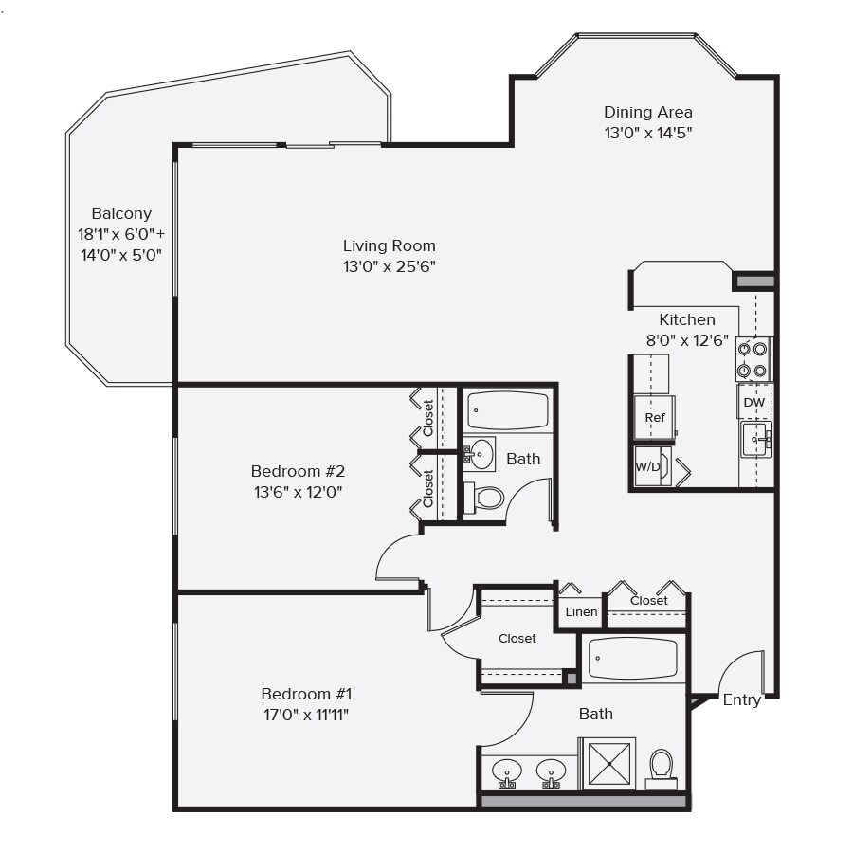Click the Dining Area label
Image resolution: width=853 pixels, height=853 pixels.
coord(648,112)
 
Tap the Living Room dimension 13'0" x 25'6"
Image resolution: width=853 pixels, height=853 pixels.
coord(389,267)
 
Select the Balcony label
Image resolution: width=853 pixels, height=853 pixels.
coord(121,214)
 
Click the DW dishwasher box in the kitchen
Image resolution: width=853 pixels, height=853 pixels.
coord(754,402)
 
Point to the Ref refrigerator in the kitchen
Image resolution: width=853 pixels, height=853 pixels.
coord(655,418)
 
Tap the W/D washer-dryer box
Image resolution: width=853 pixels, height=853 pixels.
coord(648,466)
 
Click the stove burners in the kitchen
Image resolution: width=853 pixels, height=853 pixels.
coord(753,359)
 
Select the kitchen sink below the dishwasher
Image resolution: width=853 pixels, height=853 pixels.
coord(755,439)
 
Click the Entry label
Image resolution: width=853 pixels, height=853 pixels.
coord(741,700)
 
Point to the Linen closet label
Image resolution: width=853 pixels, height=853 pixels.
coord(581,612)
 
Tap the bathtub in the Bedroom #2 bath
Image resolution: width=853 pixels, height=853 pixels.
coord(508,411)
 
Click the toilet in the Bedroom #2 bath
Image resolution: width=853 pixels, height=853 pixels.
coord(486,498)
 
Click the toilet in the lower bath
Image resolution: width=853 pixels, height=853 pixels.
coord(661,766)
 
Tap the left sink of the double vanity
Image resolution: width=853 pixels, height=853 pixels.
coord(508,771)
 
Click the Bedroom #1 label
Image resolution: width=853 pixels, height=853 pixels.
coord(306,694)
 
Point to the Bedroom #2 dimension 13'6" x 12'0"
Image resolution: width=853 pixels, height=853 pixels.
coord(297,492)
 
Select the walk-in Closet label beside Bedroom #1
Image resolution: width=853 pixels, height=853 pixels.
coord(517,639)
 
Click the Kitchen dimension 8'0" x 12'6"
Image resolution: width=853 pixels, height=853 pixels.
coord(686,339)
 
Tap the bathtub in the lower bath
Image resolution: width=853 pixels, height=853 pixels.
coord(633,659)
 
